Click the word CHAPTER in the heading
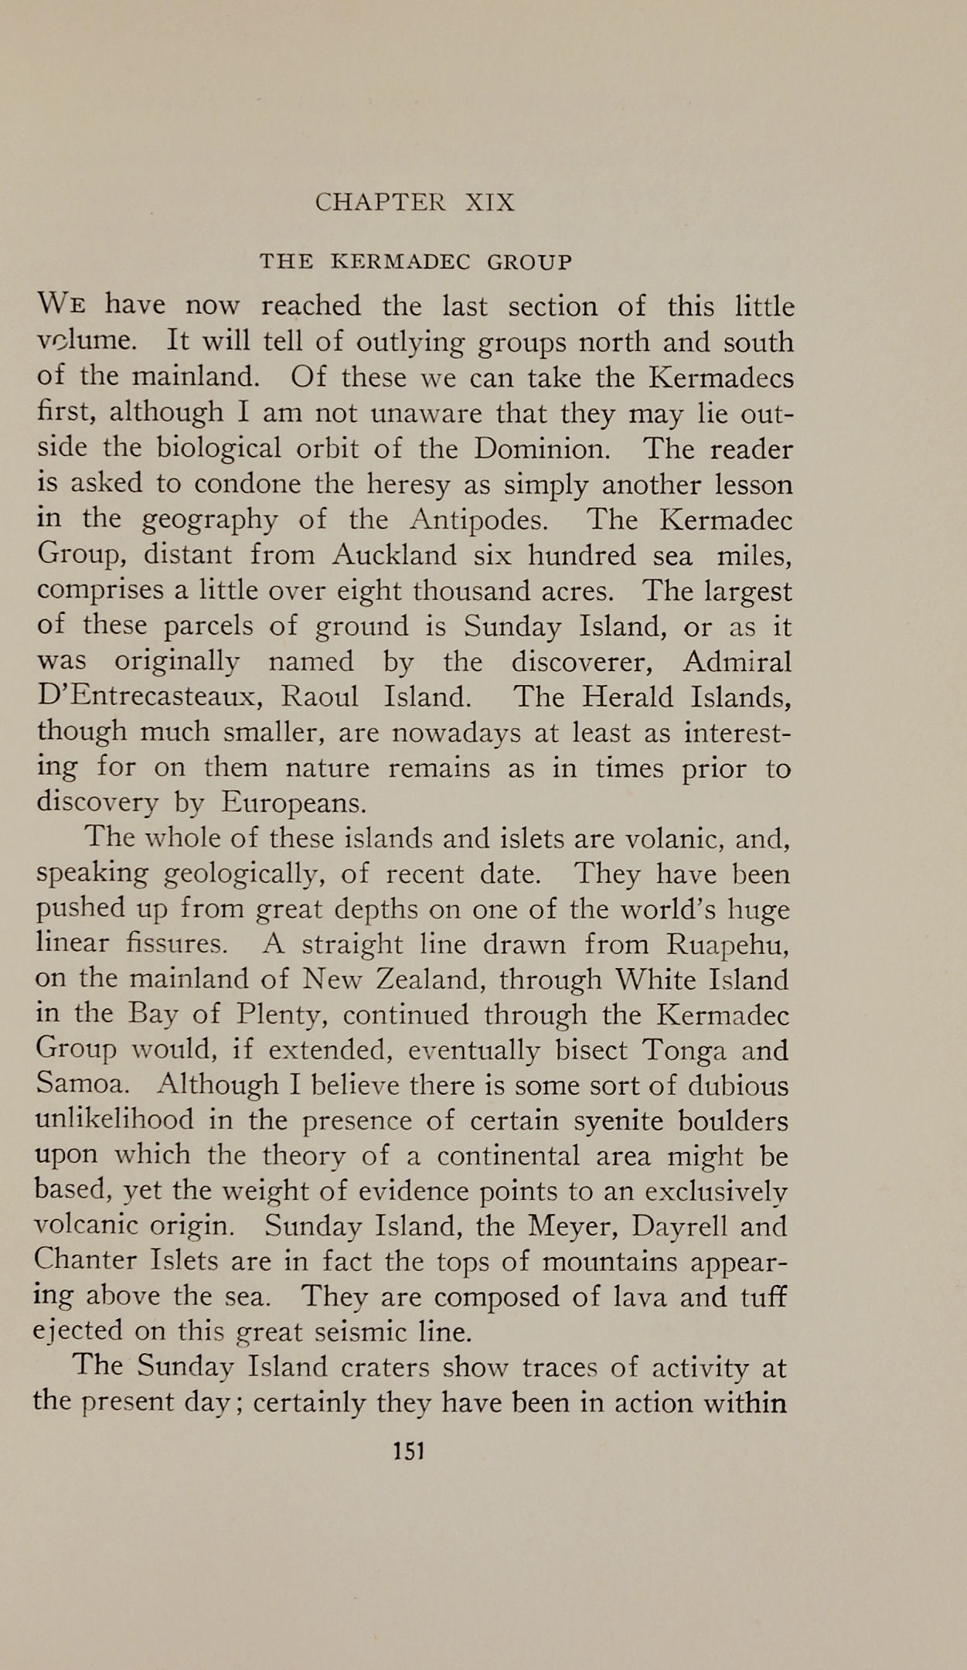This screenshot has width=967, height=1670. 380,203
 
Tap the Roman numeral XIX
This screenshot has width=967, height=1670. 489,203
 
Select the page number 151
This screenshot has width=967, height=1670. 409,1450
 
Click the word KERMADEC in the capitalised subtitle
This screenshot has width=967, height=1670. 400,262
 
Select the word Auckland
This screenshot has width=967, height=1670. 394,555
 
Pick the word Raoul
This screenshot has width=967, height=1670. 319,697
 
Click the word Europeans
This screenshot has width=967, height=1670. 294,803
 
